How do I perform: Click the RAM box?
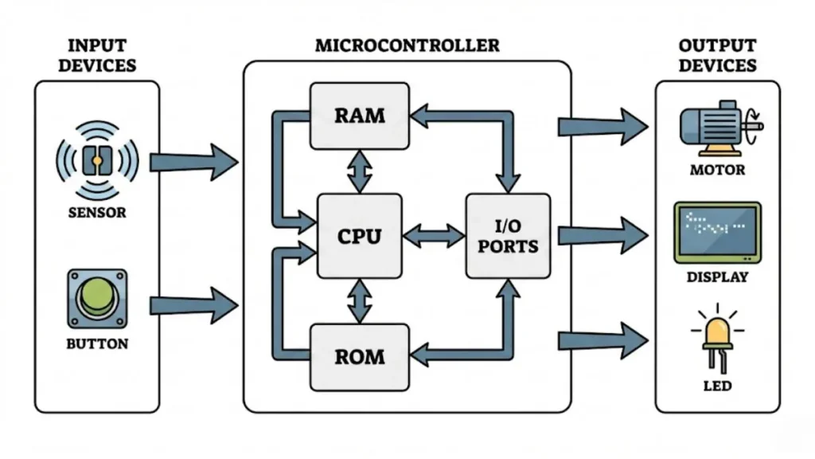[360, 116]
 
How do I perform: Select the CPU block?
[359, 236]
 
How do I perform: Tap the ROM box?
[360, 355]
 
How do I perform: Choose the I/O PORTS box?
[508, 236]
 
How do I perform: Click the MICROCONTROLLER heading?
[407, 45]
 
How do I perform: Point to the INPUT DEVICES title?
[96, 54]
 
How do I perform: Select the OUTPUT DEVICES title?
[717, 54]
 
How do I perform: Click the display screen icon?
[717, 232]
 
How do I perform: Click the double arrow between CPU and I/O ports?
[434, 236]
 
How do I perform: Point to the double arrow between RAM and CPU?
[360, 171]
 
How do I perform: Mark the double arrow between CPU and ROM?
[360, 300]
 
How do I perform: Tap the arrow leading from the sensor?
[193, 163]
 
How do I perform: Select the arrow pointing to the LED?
[602, 340]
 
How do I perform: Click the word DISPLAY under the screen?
[717, 277]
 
